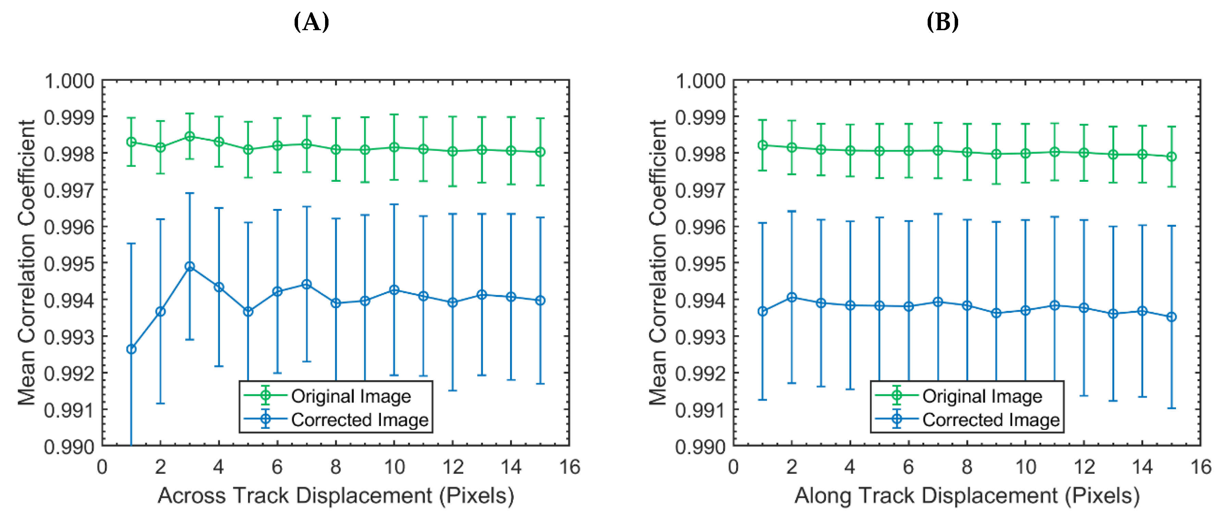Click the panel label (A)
click(x=311, y=22)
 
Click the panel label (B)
click(x=942, y=22)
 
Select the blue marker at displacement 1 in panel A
click(x=131, y=349)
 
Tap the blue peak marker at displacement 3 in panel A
click(x=190, y=267)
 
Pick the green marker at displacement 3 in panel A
click(x=190, y=137)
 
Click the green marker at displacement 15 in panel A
click(x=540, y=152)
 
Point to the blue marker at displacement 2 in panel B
click(x=792, y=297)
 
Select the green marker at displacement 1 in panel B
click(x=763, y=145)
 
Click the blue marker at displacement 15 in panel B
click(x=1172, y=317)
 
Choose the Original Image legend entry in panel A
click(x=351, y=396)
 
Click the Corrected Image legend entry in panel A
click(x=359, y=420)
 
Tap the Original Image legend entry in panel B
click(x=982, y=396)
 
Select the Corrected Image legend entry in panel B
click(x=991, y=420)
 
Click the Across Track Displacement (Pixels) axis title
click(x=336, y=496)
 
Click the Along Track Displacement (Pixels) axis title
click(x=967, y=496)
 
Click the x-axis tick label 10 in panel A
click(x=394, y=467)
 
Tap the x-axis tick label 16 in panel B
click(x=1200, y=467)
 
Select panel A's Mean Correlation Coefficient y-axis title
click(x=27, y=262)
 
